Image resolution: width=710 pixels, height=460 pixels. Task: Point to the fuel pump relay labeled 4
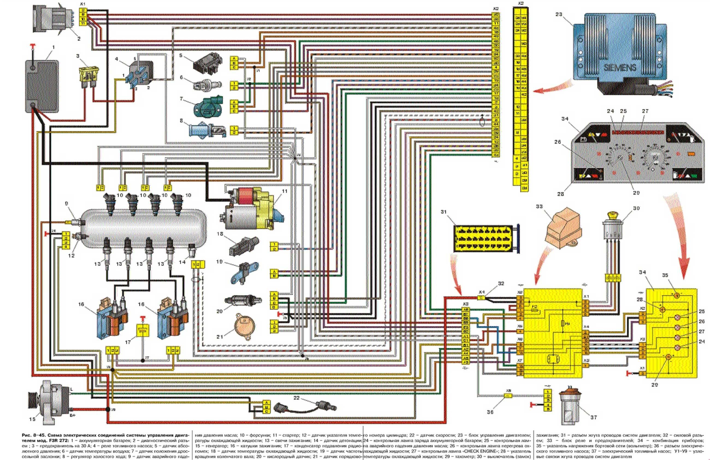[140, 74]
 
